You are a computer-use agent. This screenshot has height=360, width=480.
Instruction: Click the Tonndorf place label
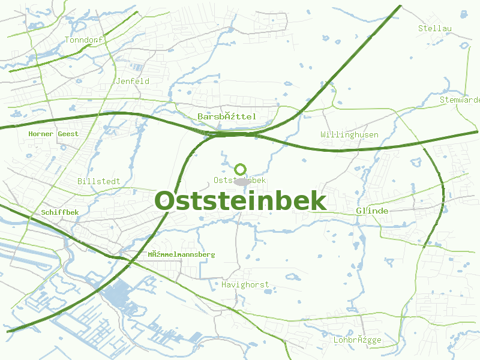(84, 40)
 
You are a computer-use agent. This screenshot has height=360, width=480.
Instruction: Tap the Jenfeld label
(133, 81)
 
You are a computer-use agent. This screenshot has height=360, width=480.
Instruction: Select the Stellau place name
(434, 28)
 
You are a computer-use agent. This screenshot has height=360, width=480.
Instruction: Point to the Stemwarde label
(460, 100)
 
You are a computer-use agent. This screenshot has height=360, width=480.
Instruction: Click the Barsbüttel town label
(226, 116)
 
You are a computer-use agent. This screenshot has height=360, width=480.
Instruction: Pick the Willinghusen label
(349, 135)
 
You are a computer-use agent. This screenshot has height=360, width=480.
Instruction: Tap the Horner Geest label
(53, 134)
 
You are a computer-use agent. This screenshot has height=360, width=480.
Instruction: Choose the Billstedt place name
(98, 181)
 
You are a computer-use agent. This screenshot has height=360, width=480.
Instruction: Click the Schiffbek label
(60, 212)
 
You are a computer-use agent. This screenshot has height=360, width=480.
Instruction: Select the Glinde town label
(372, 211)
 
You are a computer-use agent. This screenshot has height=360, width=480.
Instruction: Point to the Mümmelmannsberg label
(181, 254)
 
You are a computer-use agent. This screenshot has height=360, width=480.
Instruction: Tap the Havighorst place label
(245, 284)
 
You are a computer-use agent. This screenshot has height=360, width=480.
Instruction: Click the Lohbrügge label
(357, 340)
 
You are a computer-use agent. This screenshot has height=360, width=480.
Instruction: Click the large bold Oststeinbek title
(241, 201)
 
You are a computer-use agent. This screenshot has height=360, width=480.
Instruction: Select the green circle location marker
(241, 169)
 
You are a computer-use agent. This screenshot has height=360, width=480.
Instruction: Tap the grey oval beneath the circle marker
(241, 181)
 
